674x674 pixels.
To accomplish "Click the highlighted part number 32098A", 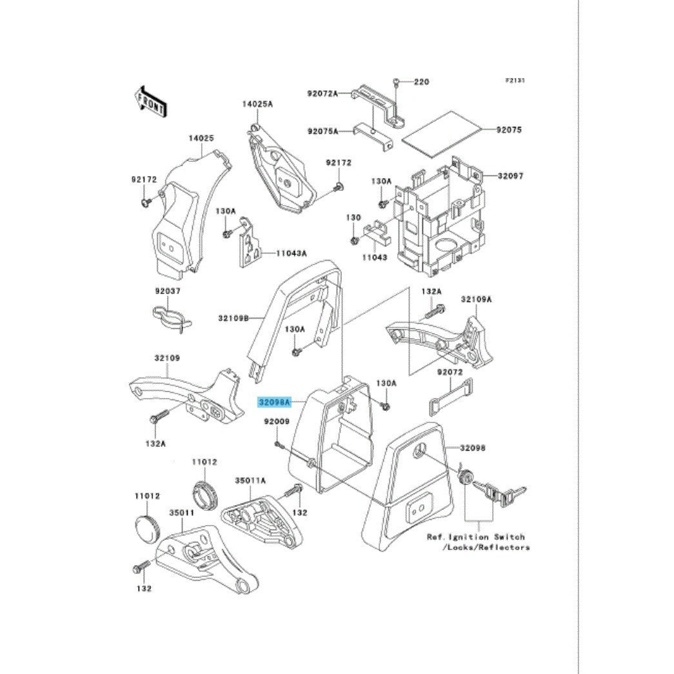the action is click(x=274, y=402).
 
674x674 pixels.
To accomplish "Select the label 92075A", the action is click(x=323, y=131).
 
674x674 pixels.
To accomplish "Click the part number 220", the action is click(x=421, y=81).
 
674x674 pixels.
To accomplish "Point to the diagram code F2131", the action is click(x=515, y=81).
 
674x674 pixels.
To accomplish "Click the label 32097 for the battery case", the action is click(x=511, y=176).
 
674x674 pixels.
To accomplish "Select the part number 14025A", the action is click(x=257, y=104).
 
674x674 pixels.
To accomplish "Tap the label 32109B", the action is click(x=234, y=318).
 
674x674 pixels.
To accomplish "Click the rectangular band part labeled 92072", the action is click(x=450, y=397).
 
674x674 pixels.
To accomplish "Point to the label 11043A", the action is click(x=292, y=253).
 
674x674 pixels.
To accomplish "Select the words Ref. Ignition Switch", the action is click(x=476, y=537).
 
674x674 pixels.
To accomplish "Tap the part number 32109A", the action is click(x=476, y=299).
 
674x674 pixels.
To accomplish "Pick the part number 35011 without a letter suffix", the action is click(x=182, y=513).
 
